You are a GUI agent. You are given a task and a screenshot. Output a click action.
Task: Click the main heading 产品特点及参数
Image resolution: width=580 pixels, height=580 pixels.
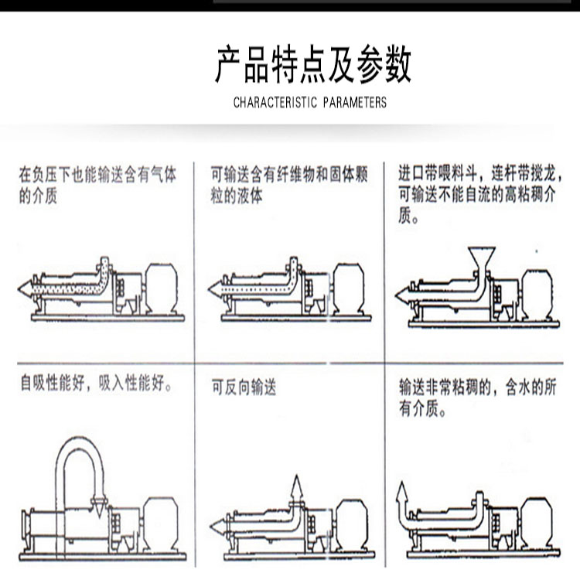point(313,64)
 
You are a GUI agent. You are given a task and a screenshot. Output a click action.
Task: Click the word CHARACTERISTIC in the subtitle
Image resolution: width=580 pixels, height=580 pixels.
point(275,102)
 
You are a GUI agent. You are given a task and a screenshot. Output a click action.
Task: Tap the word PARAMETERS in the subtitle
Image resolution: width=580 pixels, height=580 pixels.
point(355,102)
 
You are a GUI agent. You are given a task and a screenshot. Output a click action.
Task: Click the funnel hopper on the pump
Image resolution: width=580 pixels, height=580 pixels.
point(481,260)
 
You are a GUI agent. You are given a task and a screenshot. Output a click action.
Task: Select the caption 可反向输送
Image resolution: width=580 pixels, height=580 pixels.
point(244,388)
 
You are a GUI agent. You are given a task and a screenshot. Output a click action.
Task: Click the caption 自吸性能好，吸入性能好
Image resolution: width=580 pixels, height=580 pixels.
point(96,383)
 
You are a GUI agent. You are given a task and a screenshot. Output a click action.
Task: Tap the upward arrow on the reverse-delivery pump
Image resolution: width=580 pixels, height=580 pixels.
point(296,488)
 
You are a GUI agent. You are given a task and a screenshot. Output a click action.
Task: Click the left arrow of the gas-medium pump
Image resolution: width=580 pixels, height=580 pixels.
point(26,289)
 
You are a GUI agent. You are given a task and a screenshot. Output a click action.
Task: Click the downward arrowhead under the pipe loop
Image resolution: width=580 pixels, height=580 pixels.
point(99,507)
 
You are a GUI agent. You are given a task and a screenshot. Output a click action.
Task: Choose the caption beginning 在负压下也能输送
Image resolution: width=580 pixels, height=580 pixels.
point(97,185)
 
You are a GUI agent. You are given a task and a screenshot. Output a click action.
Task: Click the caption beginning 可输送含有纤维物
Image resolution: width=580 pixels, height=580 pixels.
point(289,185)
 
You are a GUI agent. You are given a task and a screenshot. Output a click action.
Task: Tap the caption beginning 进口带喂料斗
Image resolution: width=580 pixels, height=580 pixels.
point(480,194)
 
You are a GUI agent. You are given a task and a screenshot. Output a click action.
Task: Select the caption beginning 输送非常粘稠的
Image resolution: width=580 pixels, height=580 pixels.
point(478,398)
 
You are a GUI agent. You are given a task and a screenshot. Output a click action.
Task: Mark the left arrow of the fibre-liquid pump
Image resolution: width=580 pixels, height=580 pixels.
point(215,289)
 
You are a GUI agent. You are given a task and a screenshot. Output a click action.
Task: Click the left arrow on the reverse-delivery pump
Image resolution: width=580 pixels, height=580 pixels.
point(218,527)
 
